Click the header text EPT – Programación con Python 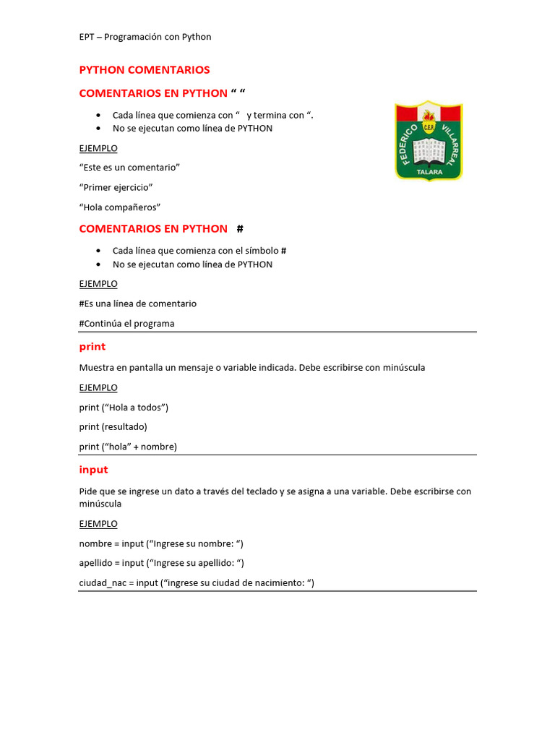pyautogui.click(x=145, y=37)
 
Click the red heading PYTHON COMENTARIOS pyautogui.click(x=145, y=70)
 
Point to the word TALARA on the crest pyautogui.click(x=429, y=173)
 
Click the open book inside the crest pyautogui.click(x=429, y=151)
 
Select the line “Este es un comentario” pyautogui.click(x=129, y=168)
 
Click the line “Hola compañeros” pyautogui.click(x=119, y=207)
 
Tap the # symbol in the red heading pyautogui.click(x=240, y=229)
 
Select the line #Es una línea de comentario pyautogui.click(x=138, y=304)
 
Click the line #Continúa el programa pyautogui.click(x=126, y=323)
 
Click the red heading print pyautogui.click(x=92, y=347)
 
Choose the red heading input pyautogui.click(x=93, y=470)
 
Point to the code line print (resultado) pyautogui.click(x=113, y=426)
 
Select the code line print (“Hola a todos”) pyautogui.click(x=124, y=407)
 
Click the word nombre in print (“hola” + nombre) pyautogui.click(x=158, y=447)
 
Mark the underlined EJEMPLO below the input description pyautogui.click(x=98, y=524)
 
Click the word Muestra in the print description pyautogui.click(x=97, y=368)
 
